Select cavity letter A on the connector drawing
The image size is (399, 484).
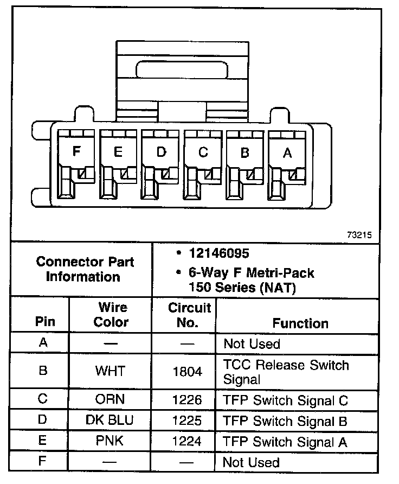point(287,153)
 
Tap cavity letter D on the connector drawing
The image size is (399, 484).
point(161,152)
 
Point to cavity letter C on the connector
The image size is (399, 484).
point(203,152)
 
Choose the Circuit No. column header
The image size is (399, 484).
point(189,315)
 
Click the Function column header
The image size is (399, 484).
point(300,323)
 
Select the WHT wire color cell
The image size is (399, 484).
point(110,371)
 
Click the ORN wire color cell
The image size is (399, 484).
point(110,400)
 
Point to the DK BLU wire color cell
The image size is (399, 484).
point(110,421)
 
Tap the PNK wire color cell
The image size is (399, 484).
point(110,441)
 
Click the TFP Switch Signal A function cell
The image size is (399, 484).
point(285,442)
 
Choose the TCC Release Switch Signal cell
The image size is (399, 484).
point(286,372)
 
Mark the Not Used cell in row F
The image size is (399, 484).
point(252,463)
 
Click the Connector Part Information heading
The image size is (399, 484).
point(85,269)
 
